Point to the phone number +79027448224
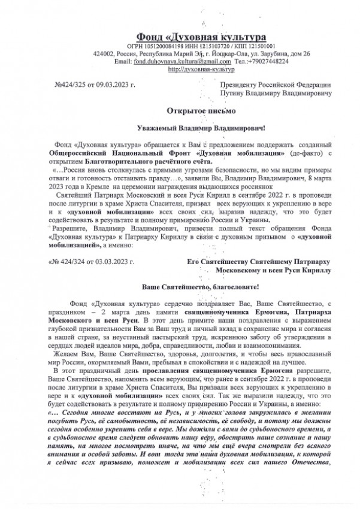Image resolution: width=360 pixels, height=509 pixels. point(268,62)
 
